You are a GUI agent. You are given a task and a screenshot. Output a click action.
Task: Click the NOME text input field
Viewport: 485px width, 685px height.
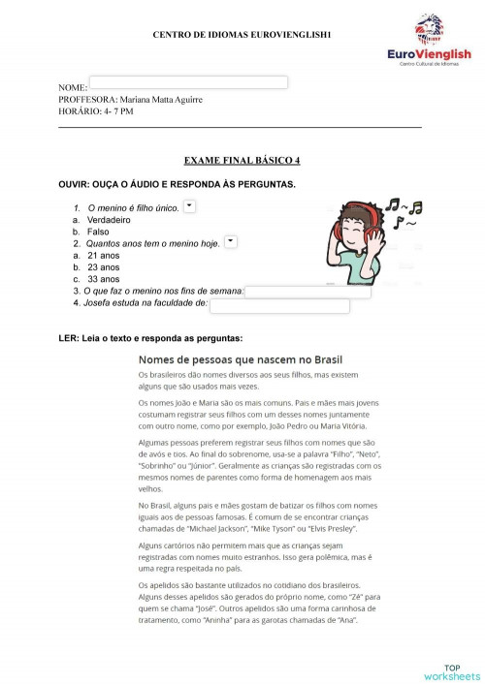188,82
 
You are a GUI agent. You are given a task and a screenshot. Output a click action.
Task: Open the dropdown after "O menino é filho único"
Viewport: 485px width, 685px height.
189,206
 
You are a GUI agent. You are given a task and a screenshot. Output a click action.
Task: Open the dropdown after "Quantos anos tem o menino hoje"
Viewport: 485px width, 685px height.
230,242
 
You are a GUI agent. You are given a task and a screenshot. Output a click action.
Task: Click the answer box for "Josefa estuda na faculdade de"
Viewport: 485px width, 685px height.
279,306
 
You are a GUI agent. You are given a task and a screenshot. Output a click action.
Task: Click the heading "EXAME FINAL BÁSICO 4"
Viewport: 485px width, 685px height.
242,160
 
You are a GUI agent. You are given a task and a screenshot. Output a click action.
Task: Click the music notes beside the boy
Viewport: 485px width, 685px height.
403,214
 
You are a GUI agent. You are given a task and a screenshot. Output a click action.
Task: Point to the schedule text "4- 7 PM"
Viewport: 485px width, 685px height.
117,111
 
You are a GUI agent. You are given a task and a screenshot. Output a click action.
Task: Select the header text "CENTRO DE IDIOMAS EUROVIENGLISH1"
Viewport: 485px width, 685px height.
242,35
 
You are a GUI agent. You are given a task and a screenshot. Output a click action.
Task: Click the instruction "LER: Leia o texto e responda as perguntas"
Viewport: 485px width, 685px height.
150,338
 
